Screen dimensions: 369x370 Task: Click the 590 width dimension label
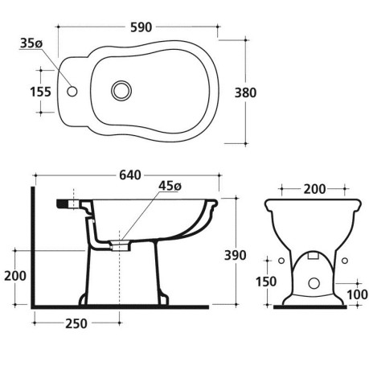pos(141,27)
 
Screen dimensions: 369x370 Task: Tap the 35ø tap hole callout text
pos(31,43)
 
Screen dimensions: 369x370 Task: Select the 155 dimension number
pos(40,92)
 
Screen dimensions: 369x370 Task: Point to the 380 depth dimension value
pos(245,92)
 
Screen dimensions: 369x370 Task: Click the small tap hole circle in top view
pos(72,91)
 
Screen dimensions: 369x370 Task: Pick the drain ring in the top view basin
pos(121,90)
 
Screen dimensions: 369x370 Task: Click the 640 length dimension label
pos(130,175)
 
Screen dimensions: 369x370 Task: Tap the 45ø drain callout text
pos(170,186)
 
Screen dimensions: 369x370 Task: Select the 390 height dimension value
pos(235,255)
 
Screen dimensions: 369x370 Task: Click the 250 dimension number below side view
pos(76,324)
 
